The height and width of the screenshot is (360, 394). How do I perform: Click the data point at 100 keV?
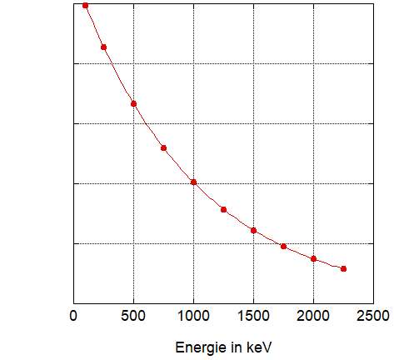85,5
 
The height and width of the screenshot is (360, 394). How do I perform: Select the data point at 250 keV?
103,47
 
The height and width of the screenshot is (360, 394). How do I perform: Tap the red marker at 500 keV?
133,103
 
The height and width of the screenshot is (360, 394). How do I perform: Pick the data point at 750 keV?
163,147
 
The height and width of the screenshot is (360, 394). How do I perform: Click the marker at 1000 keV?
193,182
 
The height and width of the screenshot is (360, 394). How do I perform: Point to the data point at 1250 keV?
223,209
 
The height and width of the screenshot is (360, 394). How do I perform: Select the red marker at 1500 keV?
253,230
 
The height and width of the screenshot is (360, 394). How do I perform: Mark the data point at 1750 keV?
283,246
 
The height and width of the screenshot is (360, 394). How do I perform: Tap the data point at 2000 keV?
313,258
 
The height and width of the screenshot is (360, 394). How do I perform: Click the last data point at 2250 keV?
343,268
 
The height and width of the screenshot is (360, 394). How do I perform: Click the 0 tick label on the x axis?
73,316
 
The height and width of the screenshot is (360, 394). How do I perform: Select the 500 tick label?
133,316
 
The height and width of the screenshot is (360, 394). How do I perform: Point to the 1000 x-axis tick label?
193,316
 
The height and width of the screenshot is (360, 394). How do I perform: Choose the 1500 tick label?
253,316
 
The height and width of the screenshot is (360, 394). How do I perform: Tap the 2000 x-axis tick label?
313,316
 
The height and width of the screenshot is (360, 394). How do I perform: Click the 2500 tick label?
373,316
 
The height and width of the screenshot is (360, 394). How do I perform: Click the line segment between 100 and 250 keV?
94,27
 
